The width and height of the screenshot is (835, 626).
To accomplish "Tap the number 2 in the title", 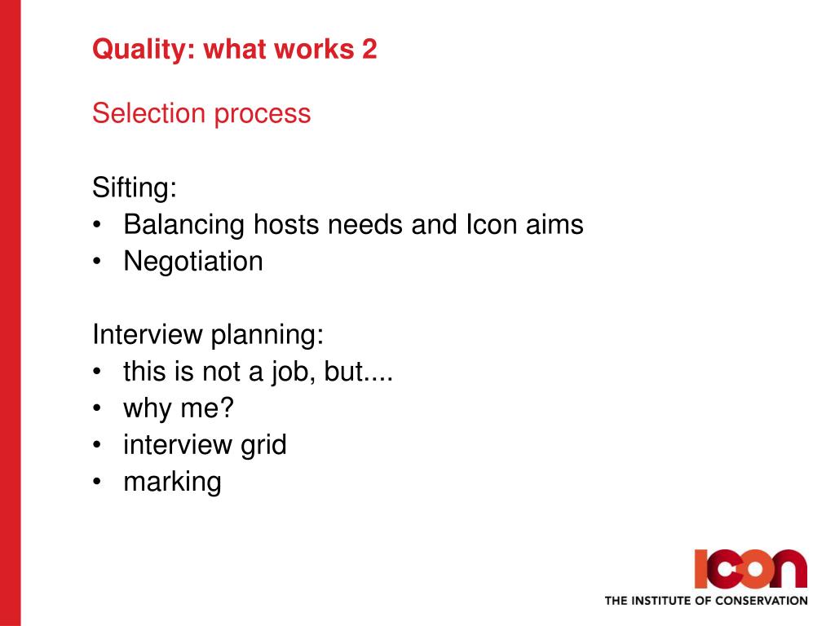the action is (x=369, y=49).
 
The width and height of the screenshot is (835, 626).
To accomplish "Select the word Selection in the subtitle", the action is (x=148, y=112).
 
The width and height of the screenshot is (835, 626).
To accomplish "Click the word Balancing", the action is (x=183, y=226).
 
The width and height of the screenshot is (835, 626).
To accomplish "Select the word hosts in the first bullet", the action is (x=286, y=224).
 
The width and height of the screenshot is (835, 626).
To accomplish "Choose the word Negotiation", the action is (x=193, y=262).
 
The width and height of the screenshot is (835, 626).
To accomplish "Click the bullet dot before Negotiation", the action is (x=96, y=262).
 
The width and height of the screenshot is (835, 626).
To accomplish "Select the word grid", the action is (x=263, y=446).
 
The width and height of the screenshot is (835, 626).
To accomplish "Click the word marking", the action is (x=172, y=483).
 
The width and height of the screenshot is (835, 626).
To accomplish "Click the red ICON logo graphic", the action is (x=750, y=568).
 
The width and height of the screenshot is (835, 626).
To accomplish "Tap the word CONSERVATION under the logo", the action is (x=761, y=601).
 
